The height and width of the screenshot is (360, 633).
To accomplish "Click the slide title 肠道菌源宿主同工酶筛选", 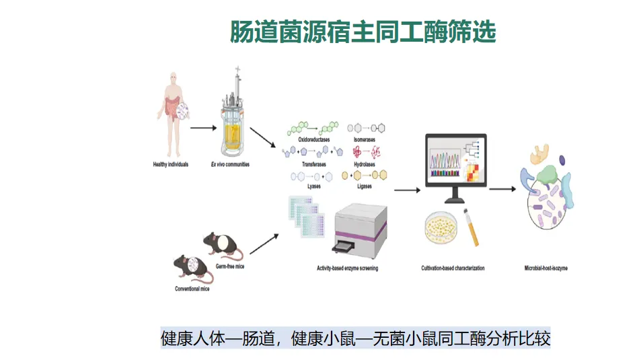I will point(363,32).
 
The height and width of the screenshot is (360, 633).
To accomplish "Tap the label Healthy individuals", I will point(170,164).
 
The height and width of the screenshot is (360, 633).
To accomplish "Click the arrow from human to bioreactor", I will point(202,126).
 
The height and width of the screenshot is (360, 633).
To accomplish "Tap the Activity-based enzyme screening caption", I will point(347,268).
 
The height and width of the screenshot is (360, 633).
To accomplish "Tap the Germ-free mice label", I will point(228,266).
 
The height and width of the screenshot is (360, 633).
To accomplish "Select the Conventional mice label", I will point(193,289).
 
